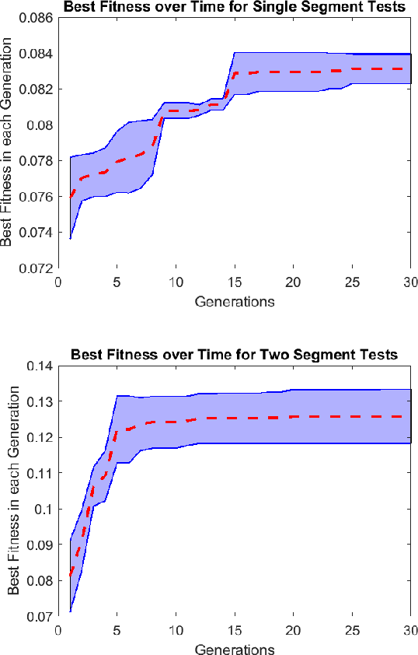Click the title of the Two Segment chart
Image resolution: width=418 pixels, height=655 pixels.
click(x=234, y=355)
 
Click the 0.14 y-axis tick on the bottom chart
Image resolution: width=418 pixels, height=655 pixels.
click(x=44, y=366)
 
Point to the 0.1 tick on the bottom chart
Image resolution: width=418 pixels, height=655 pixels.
click(x=47, y=509)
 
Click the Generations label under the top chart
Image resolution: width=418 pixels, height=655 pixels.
click(x=235, y=301)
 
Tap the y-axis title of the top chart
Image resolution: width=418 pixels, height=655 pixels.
click(x=8, y=143)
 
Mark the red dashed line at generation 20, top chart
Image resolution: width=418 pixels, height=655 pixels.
click(x=294, y=72)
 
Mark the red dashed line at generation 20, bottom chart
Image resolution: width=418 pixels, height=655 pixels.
click(x=294, y=417)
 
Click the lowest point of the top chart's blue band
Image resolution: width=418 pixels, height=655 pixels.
click(x=71, y=238)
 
